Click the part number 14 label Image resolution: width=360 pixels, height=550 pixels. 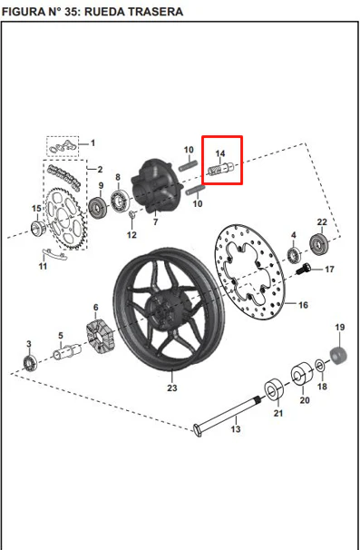coord(220,153)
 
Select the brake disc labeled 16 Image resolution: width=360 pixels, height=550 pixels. coord(250,272)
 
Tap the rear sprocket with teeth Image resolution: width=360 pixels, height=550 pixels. coord(64,219)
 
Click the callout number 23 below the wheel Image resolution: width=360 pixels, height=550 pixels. coord(172,388)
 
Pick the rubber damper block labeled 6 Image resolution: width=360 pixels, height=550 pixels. coord(101,338)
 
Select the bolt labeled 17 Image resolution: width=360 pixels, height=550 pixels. coord(303,269)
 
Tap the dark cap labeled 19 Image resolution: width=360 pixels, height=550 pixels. coord(338,356)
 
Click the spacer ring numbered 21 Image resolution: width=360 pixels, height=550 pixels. coord(274,389)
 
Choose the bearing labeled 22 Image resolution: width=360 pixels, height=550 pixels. coord(319,243)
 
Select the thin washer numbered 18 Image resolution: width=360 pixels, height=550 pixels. coord(320,367)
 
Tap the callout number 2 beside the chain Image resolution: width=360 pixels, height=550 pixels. coord(100,170)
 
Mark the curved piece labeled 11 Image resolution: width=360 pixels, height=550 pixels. coord(54,254)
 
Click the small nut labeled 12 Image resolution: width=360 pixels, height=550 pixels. coord(132,215)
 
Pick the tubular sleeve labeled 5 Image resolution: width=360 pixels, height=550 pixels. coord(67,351)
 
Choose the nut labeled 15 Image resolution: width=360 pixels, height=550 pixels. coord(38,229)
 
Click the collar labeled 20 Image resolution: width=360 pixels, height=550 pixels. coord(302,374)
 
